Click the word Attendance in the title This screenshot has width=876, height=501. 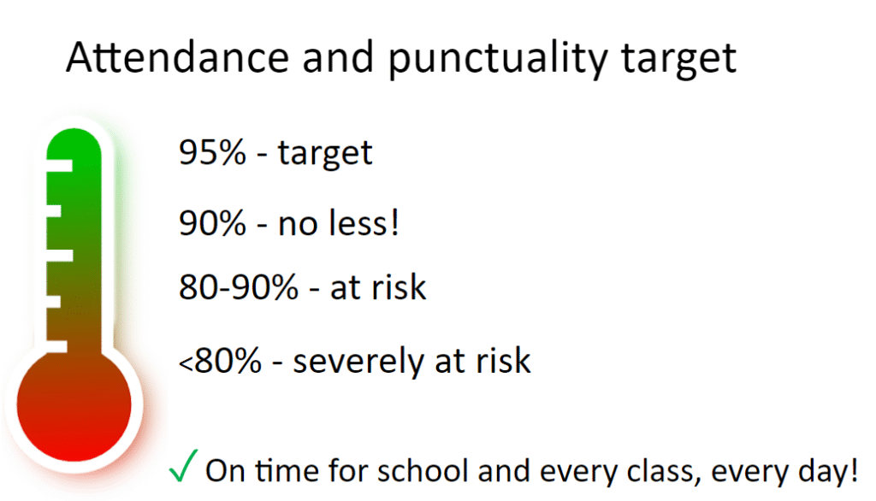click(177, 57)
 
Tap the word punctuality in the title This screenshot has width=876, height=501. click(497, 59)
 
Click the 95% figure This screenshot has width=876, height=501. click(212, 152)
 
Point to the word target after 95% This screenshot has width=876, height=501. click(324, 154)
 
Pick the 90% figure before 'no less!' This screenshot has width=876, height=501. click(212, 223)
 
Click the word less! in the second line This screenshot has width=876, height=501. click(364, 222)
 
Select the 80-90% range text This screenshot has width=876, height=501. click(239, 287)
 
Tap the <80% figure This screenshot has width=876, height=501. click(220, 361)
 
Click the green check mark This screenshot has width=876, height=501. click(183, 465)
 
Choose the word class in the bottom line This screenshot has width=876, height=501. click(664, 471)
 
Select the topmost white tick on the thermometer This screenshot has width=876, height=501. click(59, 166)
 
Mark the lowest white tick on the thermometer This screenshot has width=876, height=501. click(56, 347)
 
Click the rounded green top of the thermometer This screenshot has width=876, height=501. click(74, 143)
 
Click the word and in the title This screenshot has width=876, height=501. click(338, 58)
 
